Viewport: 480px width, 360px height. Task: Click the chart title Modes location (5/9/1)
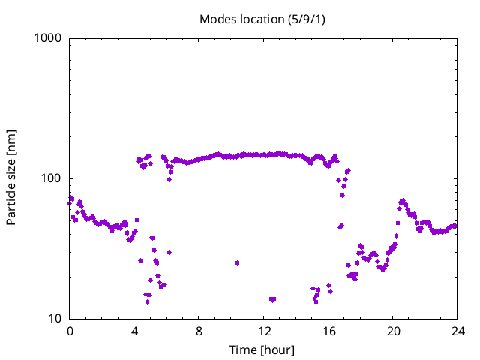click(262, 19)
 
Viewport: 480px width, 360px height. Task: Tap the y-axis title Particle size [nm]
click(11, 178)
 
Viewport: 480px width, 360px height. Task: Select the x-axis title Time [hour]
click(262, 350)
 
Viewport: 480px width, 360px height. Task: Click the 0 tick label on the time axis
click(70, 331)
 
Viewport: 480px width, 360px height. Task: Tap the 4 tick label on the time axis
click(134, 331)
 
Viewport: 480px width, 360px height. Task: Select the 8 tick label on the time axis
click(199, 331)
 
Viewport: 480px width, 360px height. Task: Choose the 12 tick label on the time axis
click(264, 331)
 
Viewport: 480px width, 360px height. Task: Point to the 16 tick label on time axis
click(328, 331)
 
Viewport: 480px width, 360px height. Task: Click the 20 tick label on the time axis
click(393, 331)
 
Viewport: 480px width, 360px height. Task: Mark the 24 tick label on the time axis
click(457, 331)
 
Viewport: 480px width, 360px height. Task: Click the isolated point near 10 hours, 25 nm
click(237, 262)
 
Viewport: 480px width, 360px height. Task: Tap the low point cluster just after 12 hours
click(272, 299)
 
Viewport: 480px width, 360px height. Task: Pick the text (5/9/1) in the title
click(307, 19)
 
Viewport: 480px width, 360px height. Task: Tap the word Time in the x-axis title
click(242, 350)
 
